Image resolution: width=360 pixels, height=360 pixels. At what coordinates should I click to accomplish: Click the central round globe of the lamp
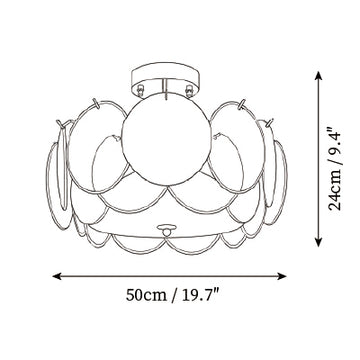pyautogui.click(x=166, y=140)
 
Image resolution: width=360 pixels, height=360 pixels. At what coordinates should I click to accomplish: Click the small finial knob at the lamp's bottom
pyautogui.click(x=167, y=229)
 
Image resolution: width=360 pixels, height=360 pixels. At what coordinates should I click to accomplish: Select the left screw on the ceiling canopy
pyautogui.click(x=140, y=89)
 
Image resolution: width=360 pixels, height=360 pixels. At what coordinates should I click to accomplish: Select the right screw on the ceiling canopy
pyautogui.click(x=190, y=89)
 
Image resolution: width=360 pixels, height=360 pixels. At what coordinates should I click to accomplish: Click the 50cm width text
pyautogui.click(x=146, y=295)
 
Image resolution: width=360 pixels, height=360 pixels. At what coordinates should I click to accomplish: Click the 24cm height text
pyautogui.click(x=335, y=190)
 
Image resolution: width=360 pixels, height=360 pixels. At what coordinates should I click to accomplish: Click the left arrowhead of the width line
pyautogui.click(x=57, y=276)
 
